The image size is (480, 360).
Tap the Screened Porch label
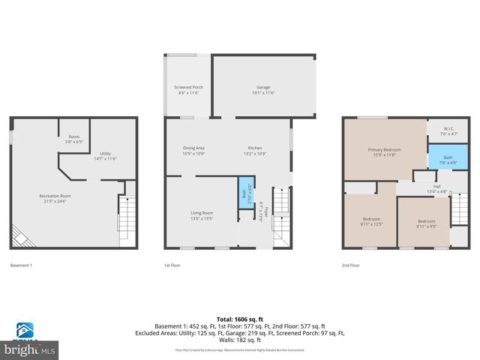click(x=188, y=89)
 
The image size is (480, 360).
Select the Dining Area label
click(x=193, y=150)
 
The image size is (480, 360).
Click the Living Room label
click(x=202, y=215)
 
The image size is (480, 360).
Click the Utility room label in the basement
click(x=105, y=156)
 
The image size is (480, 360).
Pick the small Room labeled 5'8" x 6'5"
click(x=74, y=139)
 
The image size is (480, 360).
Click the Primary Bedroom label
click(x=384, y=152)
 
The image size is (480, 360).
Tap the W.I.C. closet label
click(x=448, y=130)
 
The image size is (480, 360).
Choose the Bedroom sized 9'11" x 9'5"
click(x=426, y=223)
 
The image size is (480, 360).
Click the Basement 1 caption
click(x=21, y=265)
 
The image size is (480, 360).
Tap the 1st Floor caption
click(x=172, y=265)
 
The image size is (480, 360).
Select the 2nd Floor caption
click(x=350, y=265)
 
